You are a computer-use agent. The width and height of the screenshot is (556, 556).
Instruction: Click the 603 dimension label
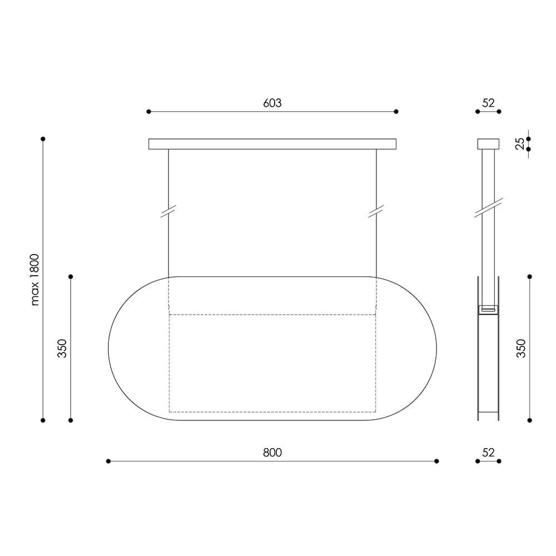pyautogui.click(x=272, y=103)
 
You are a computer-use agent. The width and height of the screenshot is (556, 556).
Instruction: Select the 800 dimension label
pyautogui.click(x=272, y=453)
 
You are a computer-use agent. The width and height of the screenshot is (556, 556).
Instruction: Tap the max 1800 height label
pyautogui.click(x=34, y=280)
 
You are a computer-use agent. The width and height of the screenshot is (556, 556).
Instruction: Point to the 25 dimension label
pyautogui.click(x=520, y=143)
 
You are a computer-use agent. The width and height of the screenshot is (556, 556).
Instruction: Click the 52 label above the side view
pyautogui.click(x=488, y=103)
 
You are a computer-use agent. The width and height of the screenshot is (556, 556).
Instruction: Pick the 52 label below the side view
pyautogui.click(x=488, y=453)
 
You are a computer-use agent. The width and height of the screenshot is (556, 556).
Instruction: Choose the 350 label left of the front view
pyautogui.click(x=62, y=348)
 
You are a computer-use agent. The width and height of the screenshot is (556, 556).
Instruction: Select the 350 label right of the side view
pyautogui.click(x=521, y=348)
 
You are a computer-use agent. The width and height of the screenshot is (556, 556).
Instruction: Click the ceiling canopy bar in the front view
pyautogui.click(x=272, y=144)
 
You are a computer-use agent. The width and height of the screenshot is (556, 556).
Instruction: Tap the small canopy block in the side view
pyautogui.click(x=488, y=144)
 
